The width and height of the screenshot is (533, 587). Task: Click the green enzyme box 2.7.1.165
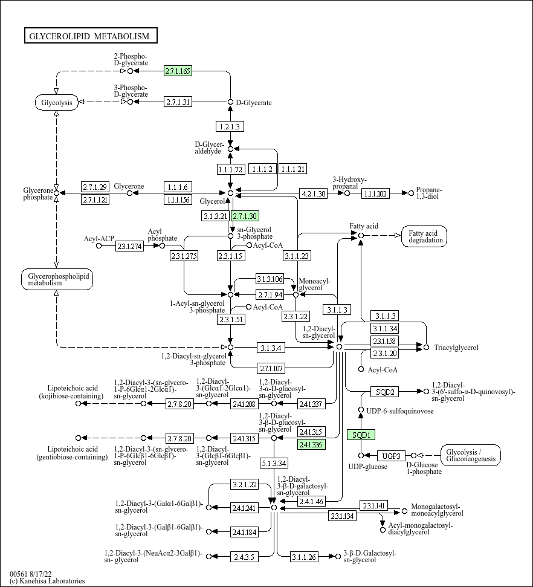click(178, 71)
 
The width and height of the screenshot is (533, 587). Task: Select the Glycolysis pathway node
click(57, 103)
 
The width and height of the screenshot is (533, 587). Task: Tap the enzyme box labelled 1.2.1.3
click(230, 126)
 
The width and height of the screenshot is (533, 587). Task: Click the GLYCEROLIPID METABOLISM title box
click(91, 36)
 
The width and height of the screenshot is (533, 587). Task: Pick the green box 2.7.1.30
click(245, 216)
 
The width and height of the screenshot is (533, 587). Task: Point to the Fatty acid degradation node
click(424, 236)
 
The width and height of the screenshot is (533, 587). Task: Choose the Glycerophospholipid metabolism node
click(57, 279)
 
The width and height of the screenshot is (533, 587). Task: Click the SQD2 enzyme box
click(385, 392)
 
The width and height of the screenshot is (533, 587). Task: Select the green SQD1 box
click(361, 435)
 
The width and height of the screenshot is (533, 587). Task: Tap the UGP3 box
click(391, 456)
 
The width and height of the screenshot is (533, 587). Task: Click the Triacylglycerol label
click(456, 348)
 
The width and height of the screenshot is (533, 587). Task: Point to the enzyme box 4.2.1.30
click(313, 193)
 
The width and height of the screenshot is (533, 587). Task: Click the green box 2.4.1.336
click(311, 444)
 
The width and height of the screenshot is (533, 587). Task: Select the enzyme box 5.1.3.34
click(274, 464)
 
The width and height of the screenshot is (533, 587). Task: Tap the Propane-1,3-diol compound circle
click(411, 193)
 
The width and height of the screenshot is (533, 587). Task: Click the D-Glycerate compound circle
click(231, 102)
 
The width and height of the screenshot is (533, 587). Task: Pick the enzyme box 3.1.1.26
click(305, 557)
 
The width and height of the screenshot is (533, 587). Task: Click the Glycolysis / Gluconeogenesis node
click(471, 455)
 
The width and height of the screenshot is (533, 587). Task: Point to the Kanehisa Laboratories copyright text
click(47, 581)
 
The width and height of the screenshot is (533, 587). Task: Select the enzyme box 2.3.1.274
click(129, 246)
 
